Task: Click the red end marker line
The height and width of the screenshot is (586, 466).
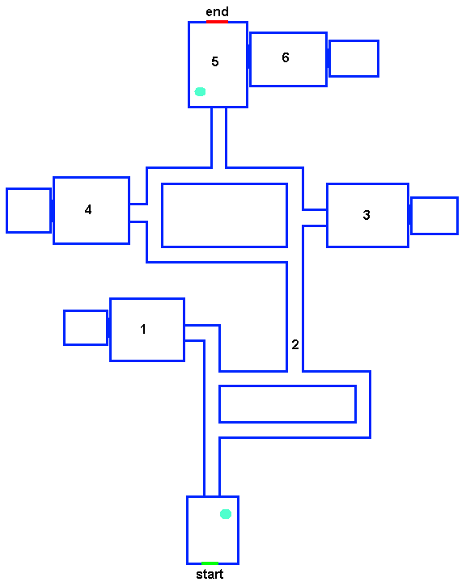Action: pos(217,22)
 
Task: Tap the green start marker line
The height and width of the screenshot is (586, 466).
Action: pos(210,563)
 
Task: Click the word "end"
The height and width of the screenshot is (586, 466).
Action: pos(217,11)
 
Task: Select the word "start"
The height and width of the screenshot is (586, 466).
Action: pos(210,574)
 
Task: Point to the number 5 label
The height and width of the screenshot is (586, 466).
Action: pos(214,61)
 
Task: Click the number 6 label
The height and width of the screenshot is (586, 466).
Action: pos(286,57)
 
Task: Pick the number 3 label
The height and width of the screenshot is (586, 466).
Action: pos(366,215)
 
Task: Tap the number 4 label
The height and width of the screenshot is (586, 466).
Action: pos(88,209)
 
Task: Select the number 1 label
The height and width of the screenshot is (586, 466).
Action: pos(143,329)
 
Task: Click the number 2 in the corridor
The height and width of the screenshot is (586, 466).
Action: pos(295,344)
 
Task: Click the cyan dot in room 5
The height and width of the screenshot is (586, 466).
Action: pos(200,91)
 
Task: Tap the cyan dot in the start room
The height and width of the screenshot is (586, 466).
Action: pos(226,514)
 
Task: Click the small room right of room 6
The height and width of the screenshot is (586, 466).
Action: pos(354,59)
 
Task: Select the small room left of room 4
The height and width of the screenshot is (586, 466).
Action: pos(29,210)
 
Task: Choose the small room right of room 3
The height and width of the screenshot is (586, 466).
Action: pos(434,216)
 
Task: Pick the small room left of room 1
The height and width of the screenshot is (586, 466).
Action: pos(86,328)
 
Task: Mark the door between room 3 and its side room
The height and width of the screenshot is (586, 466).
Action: pos(410,215)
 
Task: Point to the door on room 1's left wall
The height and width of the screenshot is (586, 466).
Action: pos(109,328)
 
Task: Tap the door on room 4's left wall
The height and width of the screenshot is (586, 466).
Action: pos(53,211)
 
